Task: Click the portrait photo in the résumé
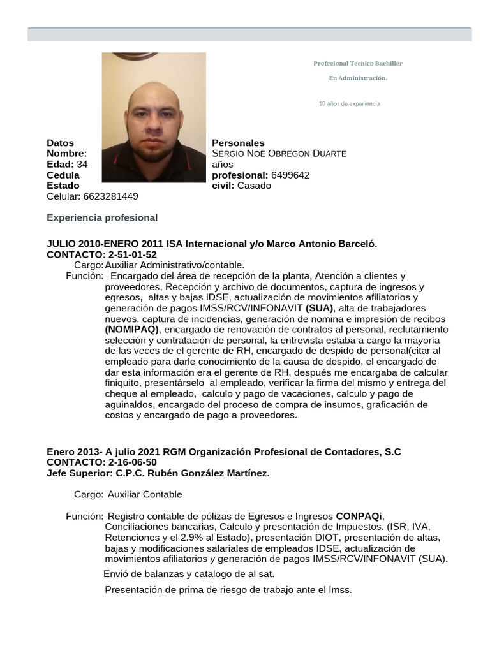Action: coord(154,117)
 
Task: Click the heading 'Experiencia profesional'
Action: coord(102,217)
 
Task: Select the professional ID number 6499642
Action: coord(290,175)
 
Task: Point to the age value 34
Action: coord(82,165)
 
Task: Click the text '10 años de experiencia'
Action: coord(349,103)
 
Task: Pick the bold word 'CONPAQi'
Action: coord(359,515)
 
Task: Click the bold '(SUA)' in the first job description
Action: coord(320,307)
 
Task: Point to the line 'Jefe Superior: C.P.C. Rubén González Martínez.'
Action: coord(158,473)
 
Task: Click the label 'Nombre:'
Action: coord(66,154)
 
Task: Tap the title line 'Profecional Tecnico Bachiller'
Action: coord(358,64)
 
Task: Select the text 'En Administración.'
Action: coord(358,78)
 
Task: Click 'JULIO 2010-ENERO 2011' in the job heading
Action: coord(105,244)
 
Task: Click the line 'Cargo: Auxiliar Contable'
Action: coord(128,494)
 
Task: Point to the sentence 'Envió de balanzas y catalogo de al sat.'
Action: coord(189,574)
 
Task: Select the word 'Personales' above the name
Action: coord(238,143)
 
